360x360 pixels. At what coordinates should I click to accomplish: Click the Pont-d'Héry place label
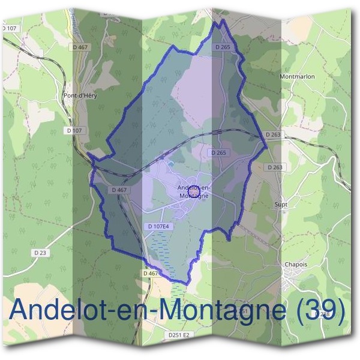point(80,95)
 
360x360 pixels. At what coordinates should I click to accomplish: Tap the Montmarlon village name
point(297,77)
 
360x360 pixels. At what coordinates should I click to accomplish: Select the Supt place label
point(281,205)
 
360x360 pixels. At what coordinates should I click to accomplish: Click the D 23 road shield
point(41,253)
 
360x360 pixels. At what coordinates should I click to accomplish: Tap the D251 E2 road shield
point(178,334)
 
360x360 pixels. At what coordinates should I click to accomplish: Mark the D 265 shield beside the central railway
point(219,153)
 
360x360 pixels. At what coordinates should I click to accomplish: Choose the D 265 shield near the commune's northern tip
point(223,46)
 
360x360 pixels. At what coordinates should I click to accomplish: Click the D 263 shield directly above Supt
point(274,167)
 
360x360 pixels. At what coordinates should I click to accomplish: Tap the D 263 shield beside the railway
point(272,135)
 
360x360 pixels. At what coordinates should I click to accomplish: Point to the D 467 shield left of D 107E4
point(119,190)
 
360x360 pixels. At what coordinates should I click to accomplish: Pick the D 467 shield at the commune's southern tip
point(151,273)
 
